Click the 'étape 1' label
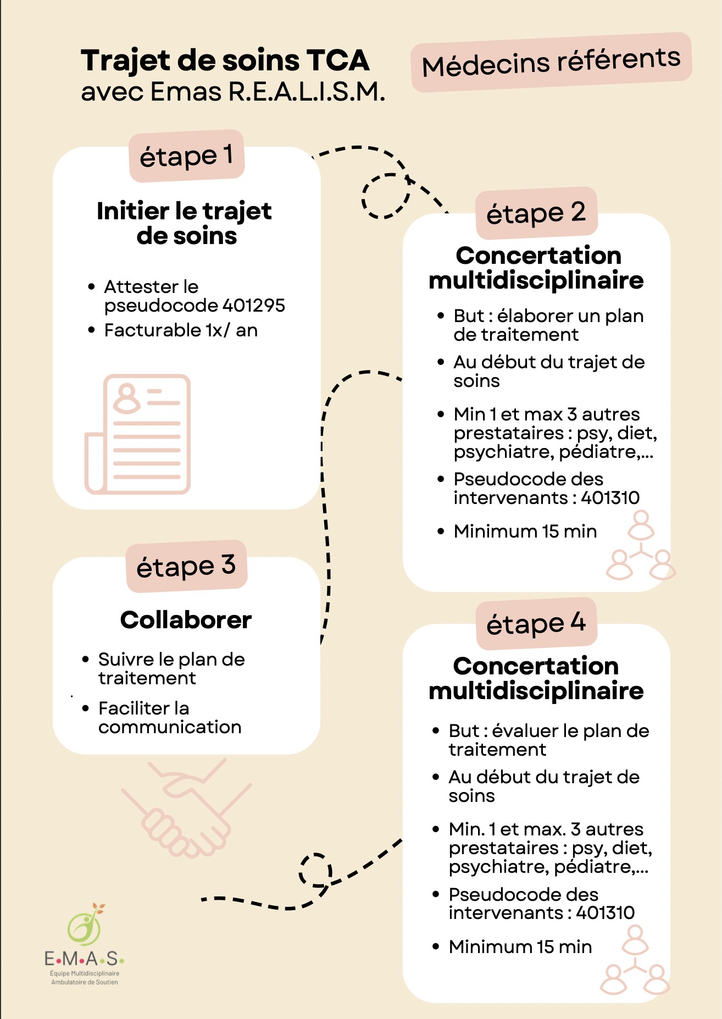click(186, 156)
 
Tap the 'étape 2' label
click(536, 213)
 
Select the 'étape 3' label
click(186, 566)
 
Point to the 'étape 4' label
click(536, 624)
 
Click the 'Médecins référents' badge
click(551, 62)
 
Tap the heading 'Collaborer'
click(186, 620)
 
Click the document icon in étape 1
click(138, 434)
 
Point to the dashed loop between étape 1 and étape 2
click(386, 196)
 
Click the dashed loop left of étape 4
click(315, 870)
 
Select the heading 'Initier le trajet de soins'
click(185, 223)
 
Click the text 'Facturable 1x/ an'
click(181, 330)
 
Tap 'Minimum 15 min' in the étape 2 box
click(525, 531)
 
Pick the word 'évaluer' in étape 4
click(526, 731)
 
